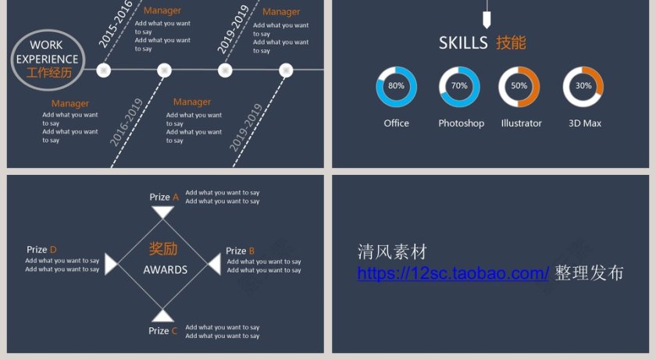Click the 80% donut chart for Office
click(396, 87)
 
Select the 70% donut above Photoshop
click(459, 87)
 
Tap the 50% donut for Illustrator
click(519, 87)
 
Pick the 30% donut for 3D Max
click(583, 87)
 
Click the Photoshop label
click(461, 123)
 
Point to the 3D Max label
click(584, 123)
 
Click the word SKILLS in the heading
click(463, 43)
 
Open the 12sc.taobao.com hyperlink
click(453, 273)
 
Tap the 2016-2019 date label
click(126, 122)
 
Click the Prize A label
click(164, 198)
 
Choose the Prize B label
click(240, 251)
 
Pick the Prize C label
click(163, 331)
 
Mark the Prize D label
click(41, 250)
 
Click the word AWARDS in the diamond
click(165, 270)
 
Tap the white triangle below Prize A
click(162, 212)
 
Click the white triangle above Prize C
click(162, 315)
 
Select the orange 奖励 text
click(163, 249)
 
